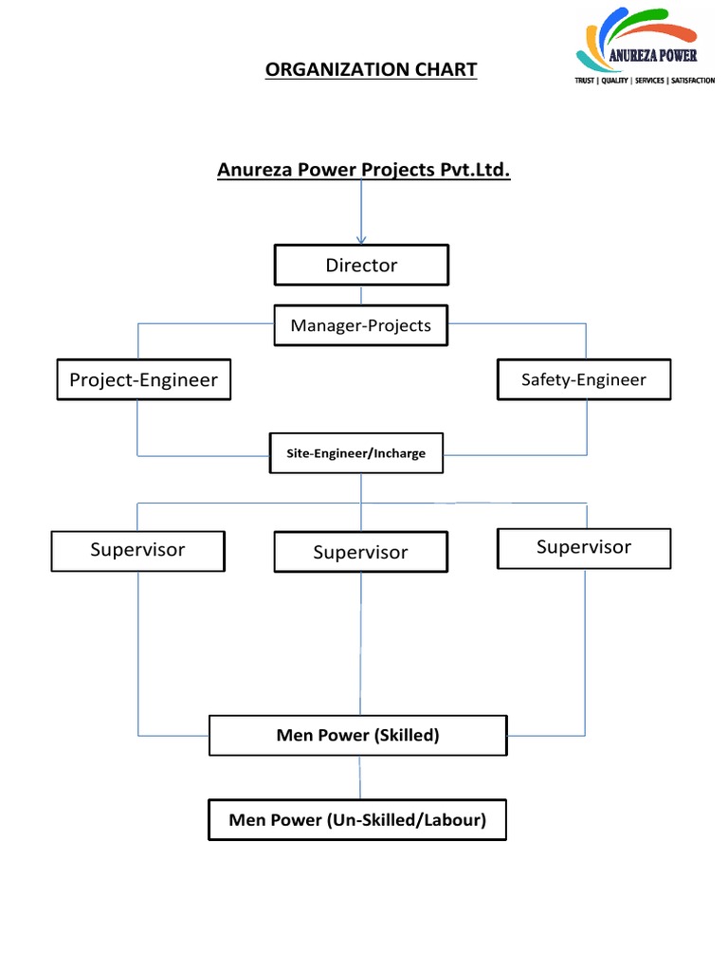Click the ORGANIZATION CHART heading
pyautogui.click(x=371, y=70)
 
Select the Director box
pyautogui.click(x=361, y=266)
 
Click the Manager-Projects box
pyautogui.click(x=360, y=325)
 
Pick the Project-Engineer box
pyautogui.click(x=143, y=380)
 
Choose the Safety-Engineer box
pyautogui.click(x=583, y=379)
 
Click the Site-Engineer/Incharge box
pyautogui.click(x=355, y=453)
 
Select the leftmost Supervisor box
pyautogui.click(x=137, y=550)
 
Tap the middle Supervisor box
pyautogui.click(x=360, y=552)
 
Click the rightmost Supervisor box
pyautogui.click(x=583, y=547)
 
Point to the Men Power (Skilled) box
pyautogui.click(x=357, y=735)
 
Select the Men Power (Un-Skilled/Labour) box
pyautogui.click(x=357, y=820)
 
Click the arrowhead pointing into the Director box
pyautogui.click(x=361, y=239)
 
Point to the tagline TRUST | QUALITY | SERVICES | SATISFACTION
pyautogui.click(x=645, y=82)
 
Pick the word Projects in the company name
pyautogui.click(x=395, y=170)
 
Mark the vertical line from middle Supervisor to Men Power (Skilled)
pyautogui.click(x=360, y=645)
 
